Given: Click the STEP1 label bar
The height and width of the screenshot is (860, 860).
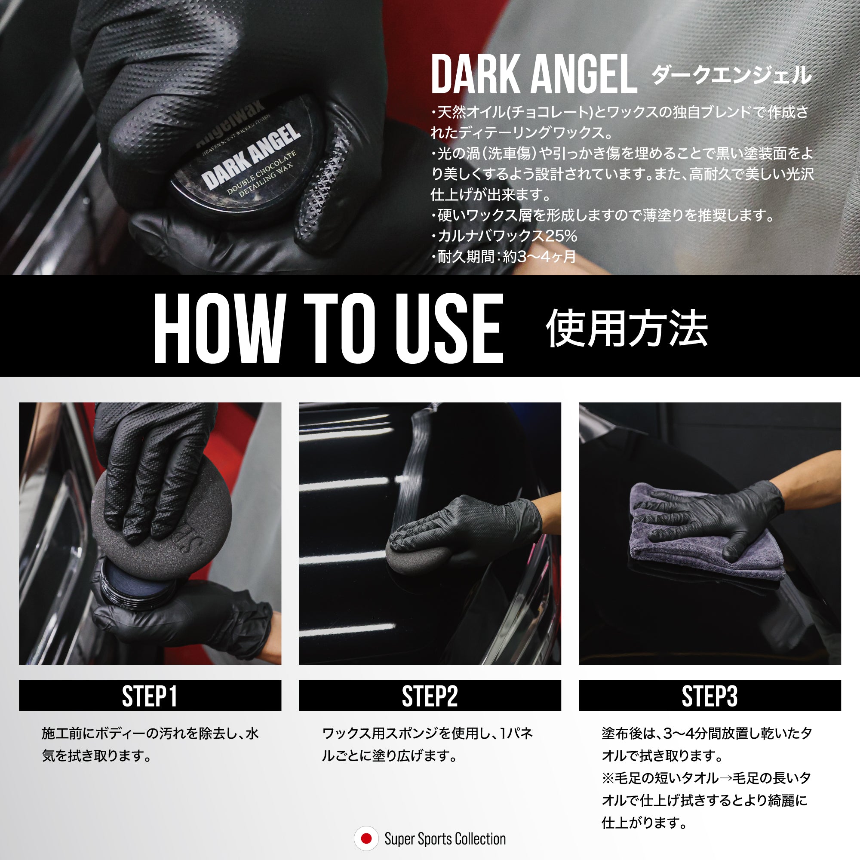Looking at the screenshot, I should tap(150, 695).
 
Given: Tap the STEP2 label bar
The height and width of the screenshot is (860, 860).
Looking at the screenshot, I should tap(430, 695).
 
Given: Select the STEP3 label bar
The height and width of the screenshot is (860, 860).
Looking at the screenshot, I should tap(709, 695).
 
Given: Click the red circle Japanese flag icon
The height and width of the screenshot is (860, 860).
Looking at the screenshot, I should tap(366, 838).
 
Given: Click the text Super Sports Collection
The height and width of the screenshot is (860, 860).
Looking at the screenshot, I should tap(445, 839).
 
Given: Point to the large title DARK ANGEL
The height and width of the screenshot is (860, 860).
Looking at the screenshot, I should tap(534, 74).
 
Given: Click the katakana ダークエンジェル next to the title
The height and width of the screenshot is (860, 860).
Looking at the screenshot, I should tap(731, 75).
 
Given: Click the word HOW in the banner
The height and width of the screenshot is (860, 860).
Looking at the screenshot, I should tap(219, 329).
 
